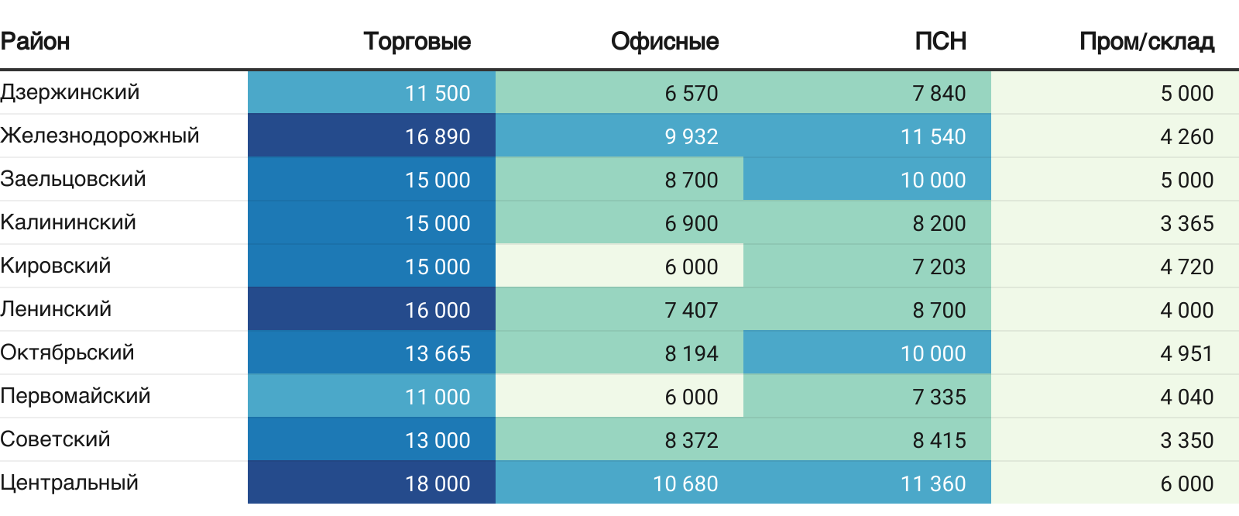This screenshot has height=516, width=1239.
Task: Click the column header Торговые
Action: click(417, 41)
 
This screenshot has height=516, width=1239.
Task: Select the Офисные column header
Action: click(664, 41)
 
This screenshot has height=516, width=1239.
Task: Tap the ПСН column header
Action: click(940, 41)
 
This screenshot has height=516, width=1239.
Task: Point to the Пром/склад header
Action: click(1146, 41)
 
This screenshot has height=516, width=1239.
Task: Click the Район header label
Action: click(35, 41)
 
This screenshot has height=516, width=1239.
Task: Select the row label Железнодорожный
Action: click(100, 136)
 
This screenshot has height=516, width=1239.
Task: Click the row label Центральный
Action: click(70, 483)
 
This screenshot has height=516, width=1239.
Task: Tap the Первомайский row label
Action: click(75, 396)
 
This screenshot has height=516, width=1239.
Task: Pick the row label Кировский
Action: click(56, 266)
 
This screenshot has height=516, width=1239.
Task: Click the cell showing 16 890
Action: click(438, 136)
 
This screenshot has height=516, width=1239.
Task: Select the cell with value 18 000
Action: click(438, 483)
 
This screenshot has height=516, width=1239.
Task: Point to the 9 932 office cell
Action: click(692, 136)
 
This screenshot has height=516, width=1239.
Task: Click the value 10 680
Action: click(685, 483)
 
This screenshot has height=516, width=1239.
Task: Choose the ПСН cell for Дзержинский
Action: click(939, 93)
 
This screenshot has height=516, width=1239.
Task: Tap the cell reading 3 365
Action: click(1186, 223)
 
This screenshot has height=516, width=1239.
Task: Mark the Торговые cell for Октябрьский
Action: click(438, 353)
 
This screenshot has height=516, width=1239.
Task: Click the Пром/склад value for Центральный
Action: click(1186, 483)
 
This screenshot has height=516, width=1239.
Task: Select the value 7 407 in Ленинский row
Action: click(692, 310)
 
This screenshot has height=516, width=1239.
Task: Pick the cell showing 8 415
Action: click(939, 440)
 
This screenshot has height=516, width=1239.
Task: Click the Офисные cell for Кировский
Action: click(692, 267)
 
